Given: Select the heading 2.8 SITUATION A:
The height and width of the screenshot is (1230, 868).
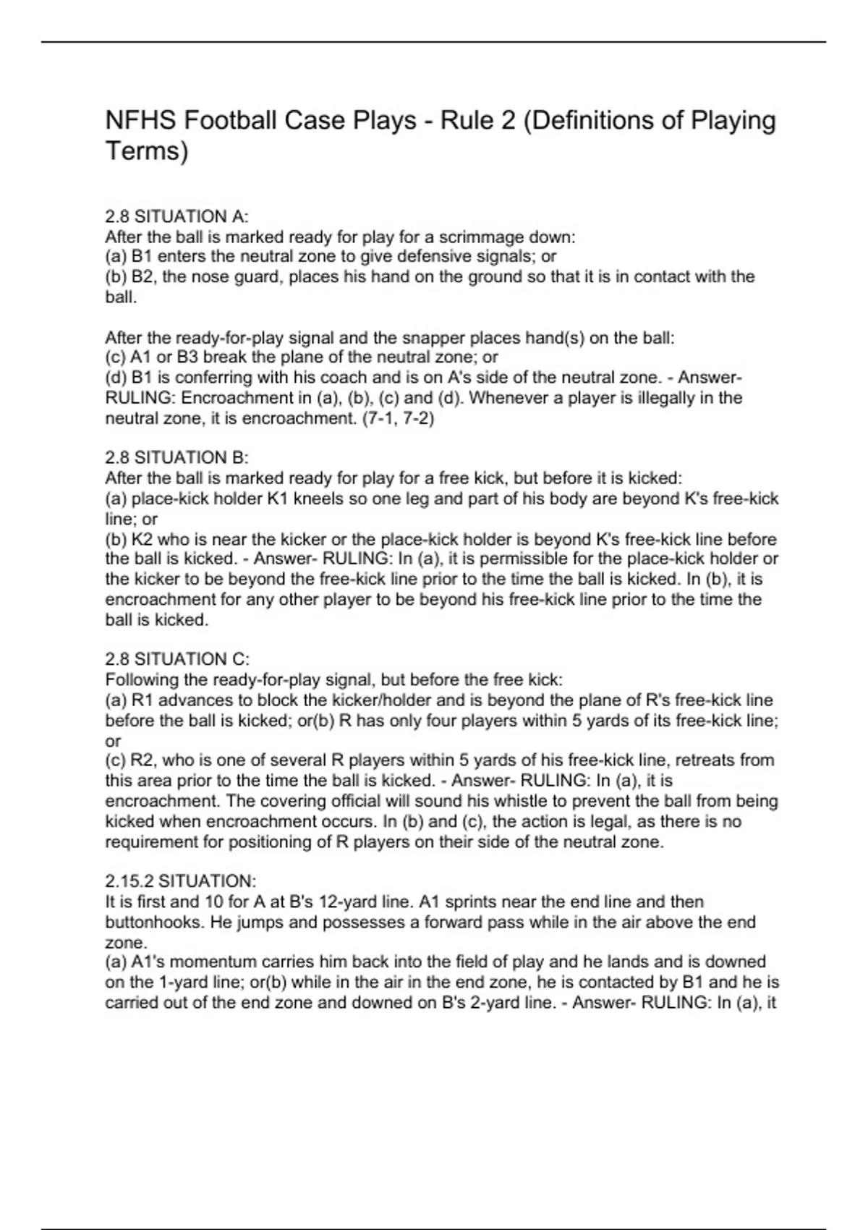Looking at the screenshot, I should click(x=176, y=216).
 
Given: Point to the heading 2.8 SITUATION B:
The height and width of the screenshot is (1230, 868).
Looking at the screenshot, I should click(x=176, y=457).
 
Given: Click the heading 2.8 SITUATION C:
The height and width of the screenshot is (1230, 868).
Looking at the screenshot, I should click(x=177, y=659).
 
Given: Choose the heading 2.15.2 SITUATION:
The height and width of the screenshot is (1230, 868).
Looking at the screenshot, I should click(x=180, y=881).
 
